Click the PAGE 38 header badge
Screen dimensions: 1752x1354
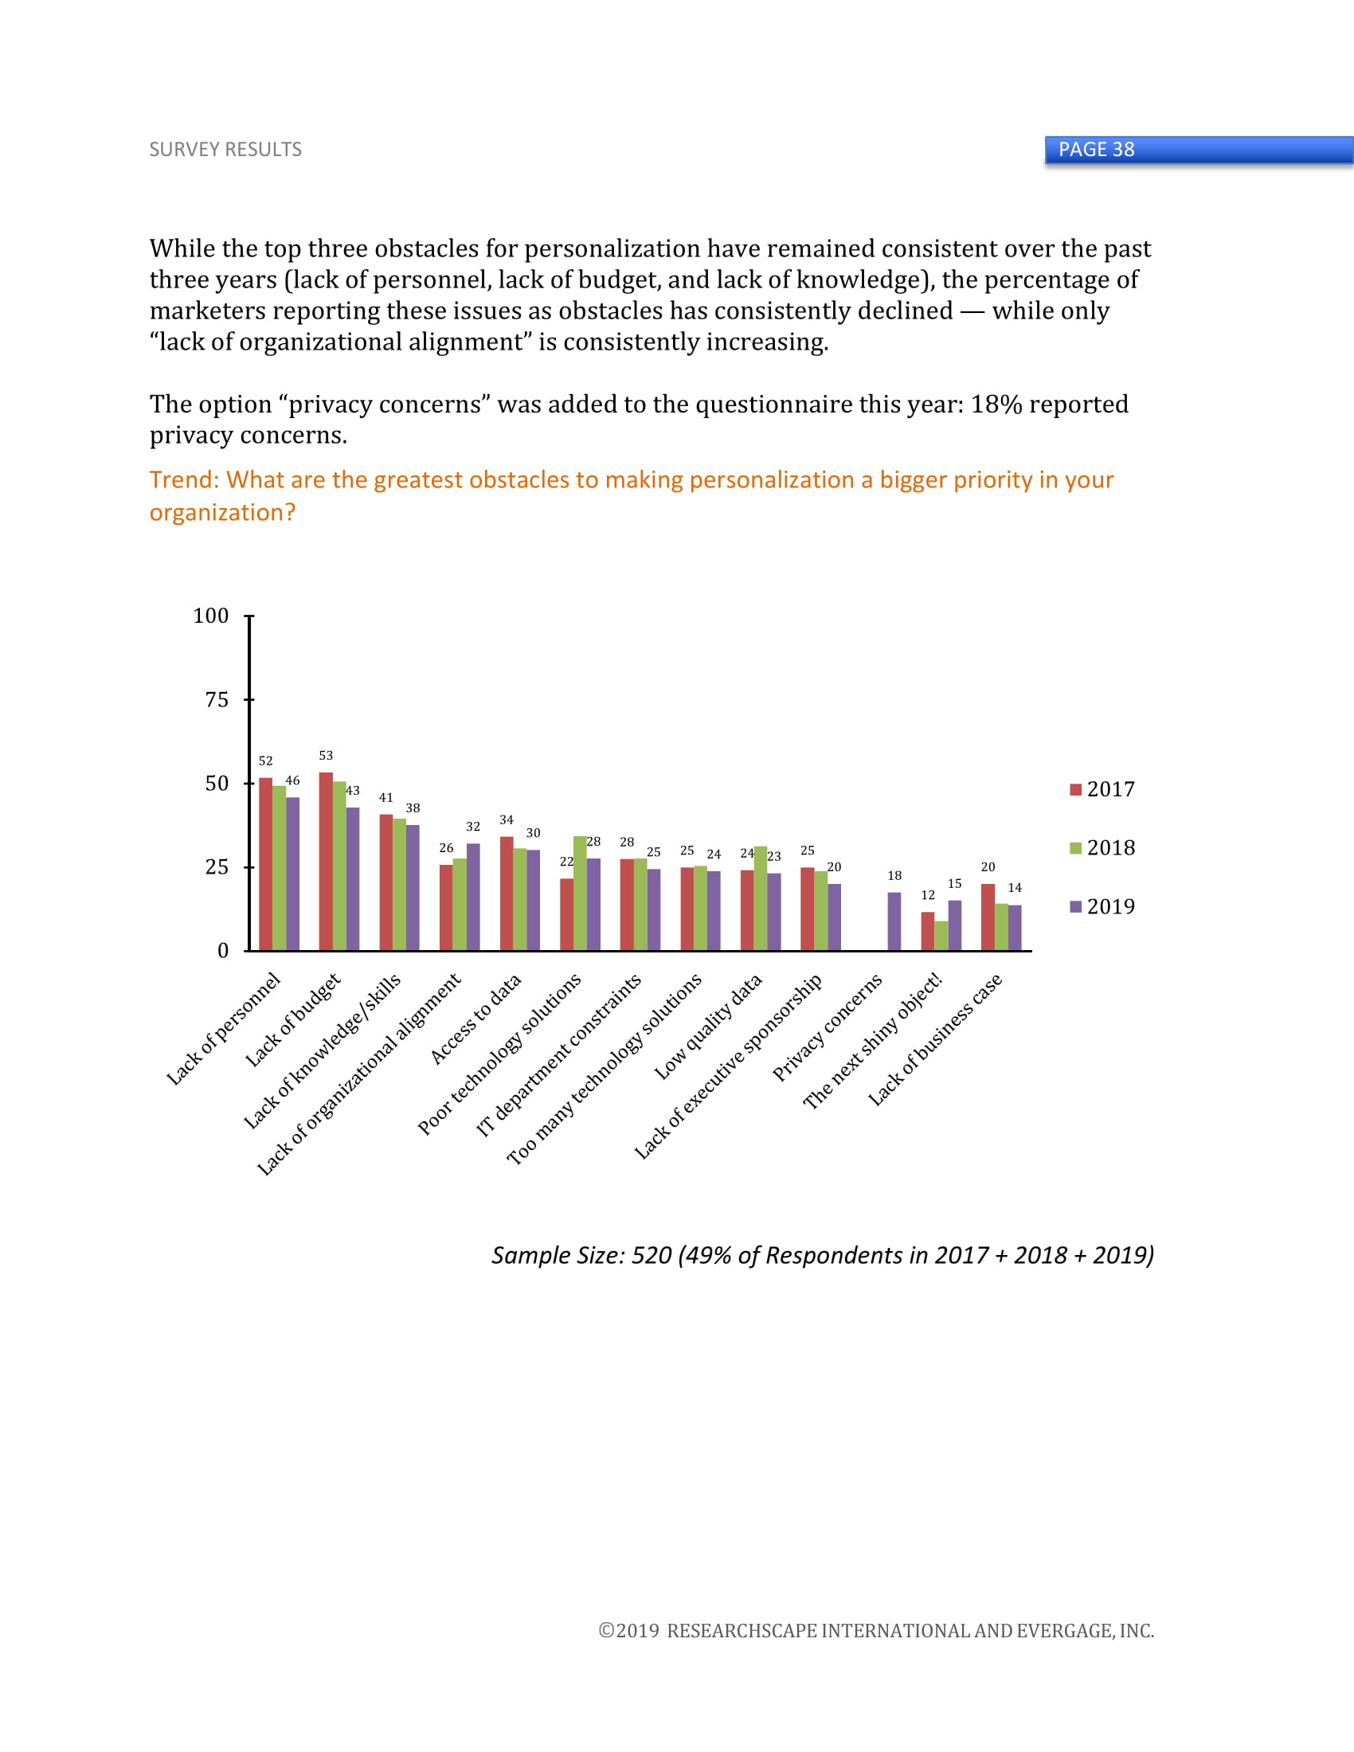[1096, 149]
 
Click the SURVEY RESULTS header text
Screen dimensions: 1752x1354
[225, 149]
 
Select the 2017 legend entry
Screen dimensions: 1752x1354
[1103, 789]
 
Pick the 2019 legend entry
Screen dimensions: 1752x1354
[1103, 906]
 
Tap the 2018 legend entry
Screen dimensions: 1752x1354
[1103, 848]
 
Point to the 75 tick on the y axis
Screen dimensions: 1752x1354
[217, 699]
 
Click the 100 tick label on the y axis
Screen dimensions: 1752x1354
[211, 616]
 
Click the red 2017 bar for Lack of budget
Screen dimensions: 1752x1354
[326, 862]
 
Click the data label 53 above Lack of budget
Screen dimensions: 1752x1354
[326, 756]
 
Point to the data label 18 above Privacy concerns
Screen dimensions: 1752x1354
[894, 876]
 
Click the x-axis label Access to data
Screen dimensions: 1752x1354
[476, 1019]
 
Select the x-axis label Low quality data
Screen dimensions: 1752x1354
[708, 1027]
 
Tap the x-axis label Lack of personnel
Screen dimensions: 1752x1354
[224, 1028]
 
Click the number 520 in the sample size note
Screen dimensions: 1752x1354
[652, 1255]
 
